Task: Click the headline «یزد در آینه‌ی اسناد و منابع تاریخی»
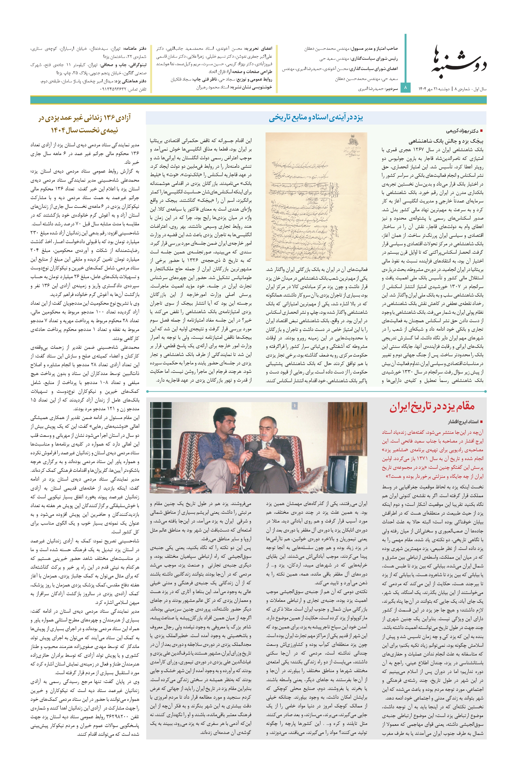pyautogui.click(x=316, y=117)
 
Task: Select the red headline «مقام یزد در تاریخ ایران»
pyautogui.click(x=432, y=407)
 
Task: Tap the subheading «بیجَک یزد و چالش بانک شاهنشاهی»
pyautogui.click(x=446, y=141)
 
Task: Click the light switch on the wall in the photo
pyautogui.click(x=294, y=406)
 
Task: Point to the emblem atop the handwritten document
pyautogui.click(x=352, y=141)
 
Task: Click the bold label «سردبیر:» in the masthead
pyautogui.click(x=391, y=89)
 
